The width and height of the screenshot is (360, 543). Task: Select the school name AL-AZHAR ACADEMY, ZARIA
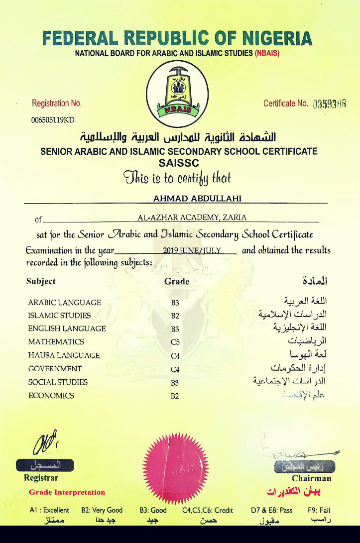(x=192, y=217)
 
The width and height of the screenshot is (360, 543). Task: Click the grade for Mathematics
(x=175, y=342)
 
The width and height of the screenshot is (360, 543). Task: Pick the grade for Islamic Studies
(x=175, y=316)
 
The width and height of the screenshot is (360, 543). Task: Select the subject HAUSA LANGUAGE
(x=64, y=355)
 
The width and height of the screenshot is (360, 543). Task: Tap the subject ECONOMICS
(x=51, y=396)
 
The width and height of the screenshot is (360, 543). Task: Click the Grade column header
(x=177, y=281)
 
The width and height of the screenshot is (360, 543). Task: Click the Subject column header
(x=41, y=281)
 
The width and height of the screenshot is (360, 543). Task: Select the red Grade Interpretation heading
(x=67, y=492)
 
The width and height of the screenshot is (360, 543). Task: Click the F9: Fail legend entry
(x=318, y=510)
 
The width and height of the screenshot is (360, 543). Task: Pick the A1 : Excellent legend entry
(x=49, y=510)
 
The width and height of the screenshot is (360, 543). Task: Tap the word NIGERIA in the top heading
(x=270, y=38)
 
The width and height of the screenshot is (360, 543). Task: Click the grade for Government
(x=175, y=369)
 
